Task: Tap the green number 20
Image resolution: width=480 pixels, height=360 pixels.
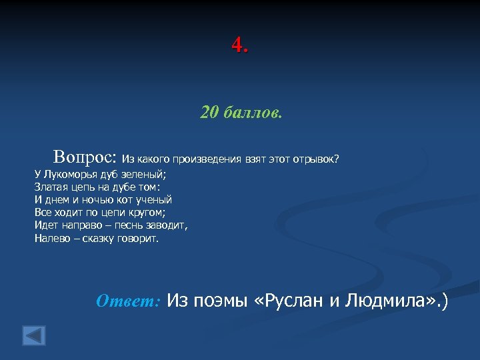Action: pos(210,113)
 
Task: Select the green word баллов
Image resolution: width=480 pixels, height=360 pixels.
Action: pos(253,113)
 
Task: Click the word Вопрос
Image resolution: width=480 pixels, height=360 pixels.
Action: pos(84,157)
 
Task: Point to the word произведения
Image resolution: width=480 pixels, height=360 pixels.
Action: pos(203,159)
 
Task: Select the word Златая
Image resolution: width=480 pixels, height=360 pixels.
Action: pos(52,187)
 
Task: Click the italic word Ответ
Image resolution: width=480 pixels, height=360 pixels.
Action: pos(127,301)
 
